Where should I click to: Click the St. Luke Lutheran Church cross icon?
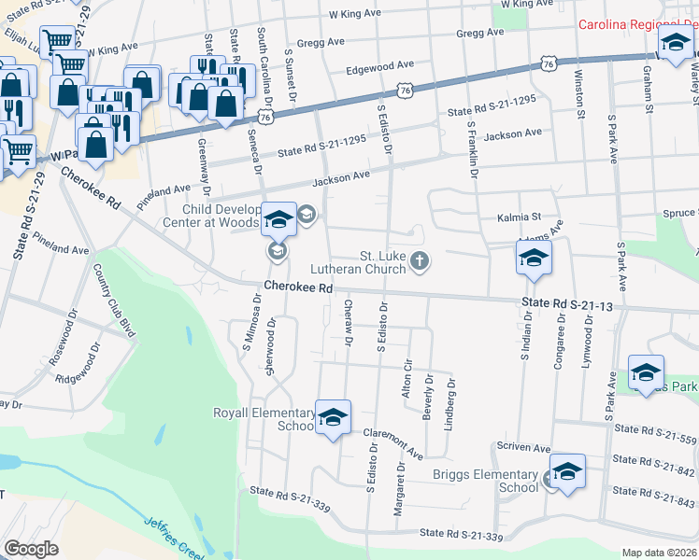click(x=421, y=260)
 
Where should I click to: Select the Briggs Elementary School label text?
click(x=486, y=481)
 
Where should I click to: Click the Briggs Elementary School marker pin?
click(x=566, y=471)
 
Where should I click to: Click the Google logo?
click(x=31, y=549)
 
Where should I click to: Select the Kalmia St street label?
click(x=523, y=217)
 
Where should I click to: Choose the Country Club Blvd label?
click(x=110, y=296)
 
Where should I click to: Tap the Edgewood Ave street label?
click(x=379, y=66)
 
